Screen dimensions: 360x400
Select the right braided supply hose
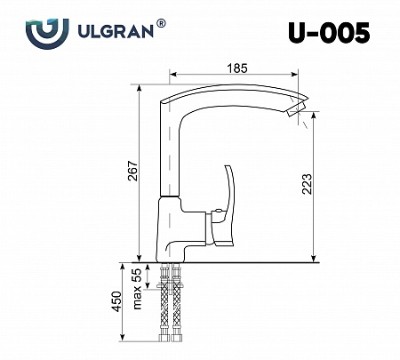pos(184,307)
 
